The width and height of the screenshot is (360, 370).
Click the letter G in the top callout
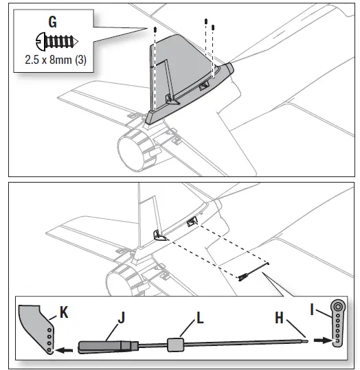pos(52,21)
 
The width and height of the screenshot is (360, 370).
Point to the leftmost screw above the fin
pos(157,30)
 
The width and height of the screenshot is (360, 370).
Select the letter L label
pos(200,317)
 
